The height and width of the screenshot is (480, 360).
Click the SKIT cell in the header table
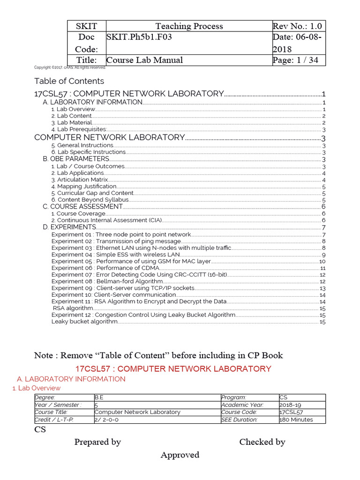point(86,26)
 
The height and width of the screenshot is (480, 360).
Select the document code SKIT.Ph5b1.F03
point(139,37)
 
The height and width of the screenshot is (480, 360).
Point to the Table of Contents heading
point(69,81)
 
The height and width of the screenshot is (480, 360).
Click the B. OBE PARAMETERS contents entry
point(76,159)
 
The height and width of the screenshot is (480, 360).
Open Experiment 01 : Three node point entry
point(121,234)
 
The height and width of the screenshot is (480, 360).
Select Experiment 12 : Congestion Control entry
point(143,315)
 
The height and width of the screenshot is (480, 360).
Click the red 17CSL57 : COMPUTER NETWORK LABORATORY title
point(173,369)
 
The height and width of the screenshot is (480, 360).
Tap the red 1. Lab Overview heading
point(36,388)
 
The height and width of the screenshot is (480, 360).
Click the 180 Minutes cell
point(296,420)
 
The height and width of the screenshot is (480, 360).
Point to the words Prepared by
point(97,442)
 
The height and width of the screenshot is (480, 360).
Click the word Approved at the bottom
point(180,455)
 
